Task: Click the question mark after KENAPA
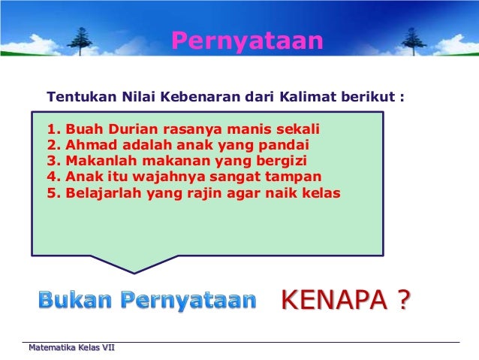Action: [403, 301]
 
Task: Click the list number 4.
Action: [52, 177]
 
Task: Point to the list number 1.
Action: [52, 128]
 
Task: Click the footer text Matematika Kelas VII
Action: [71, 348]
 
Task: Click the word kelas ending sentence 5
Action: [321, 192]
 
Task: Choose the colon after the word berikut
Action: [402, 98]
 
